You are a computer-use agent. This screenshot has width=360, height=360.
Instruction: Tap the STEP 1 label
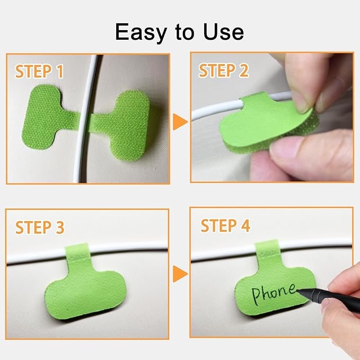[x=39, y=72]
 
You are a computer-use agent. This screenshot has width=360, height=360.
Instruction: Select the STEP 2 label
[x=224, y=71]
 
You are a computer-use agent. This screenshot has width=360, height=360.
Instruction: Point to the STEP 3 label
[x=40, y=227]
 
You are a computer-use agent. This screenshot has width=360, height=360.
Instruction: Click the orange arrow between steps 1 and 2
[x=180, y=122]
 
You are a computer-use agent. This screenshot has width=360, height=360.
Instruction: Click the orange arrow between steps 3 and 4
[x=180, y=274]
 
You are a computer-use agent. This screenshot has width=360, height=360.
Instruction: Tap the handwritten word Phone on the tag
[x=274, y=293]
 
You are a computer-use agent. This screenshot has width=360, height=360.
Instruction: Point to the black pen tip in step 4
[x=298, y=291]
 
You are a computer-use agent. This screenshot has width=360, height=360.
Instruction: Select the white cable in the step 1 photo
[x=85, y=119]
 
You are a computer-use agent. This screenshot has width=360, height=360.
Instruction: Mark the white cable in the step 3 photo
[x=87, y=252]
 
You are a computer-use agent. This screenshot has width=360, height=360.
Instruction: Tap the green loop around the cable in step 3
[x=77, y=252]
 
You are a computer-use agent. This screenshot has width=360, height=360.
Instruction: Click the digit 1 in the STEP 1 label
[x=60, y=72]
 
